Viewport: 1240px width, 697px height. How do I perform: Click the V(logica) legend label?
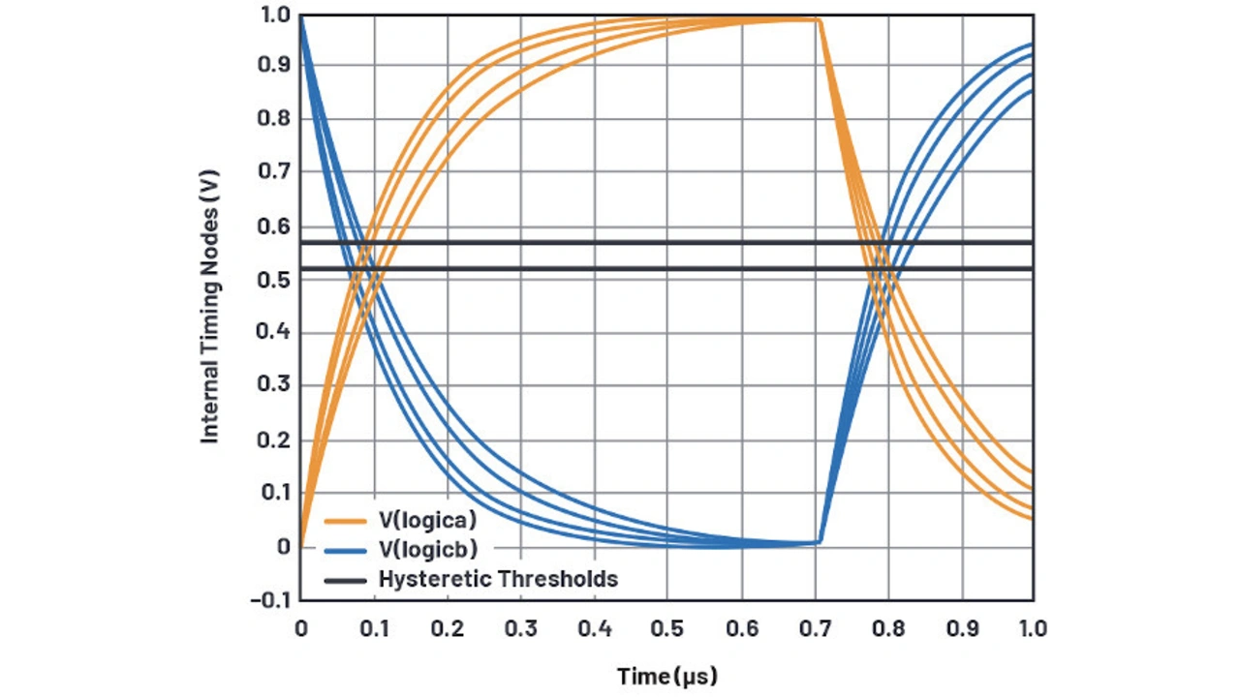[x=427, y=520]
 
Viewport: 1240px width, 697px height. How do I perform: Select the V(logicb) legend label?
[x=427, y=550]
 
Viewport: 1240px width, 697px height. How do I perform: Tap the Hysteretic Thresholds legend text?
[x=498, y=579]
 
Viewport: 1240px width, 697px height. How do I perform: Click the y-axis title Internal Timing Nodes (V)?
[x=210, y=307]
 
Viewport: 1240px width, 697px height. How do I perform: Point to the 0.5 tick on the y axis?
[x=276, y=280]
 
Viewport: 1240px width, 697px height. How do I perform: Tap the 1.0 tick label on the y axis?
[x=276, y=15]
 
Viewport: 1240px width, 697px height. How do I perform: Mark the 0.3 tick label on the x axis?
[x=520, y=628]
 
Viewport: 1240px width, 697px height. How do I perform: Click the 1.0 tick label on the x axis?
[x=1033, y=628]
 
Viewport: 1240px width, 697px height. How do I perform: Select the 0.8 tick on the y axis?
[x=276, y=120]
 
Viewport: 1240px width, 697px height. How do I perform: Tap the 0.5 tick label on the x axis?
[x=667, y=628]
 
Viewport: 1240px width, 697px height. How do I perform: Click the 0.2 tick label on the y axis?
[x=276, y=440]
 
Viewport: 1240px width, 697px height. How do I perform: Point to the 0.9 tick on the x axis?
[x=962, y=628]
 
